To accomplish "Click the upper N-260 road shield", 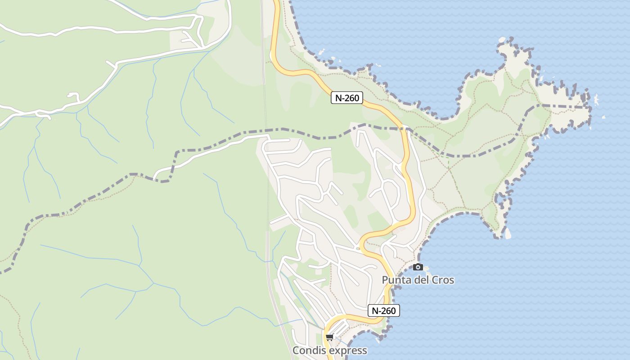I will coord(346,98).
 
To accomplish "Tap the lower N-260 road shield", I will coord(383,310).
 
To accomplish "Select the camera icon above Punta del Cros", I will coord(418,267).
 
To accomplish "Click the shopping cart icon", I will coord(330,337).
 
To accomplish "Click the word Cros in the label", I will coord(443,280).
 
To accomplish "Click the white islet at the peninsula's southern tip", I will coord(508,233).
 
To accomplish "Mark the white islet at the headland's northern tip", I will coord(502,40).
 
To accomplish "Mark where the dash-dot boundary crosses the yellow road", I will coord(407,130).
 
